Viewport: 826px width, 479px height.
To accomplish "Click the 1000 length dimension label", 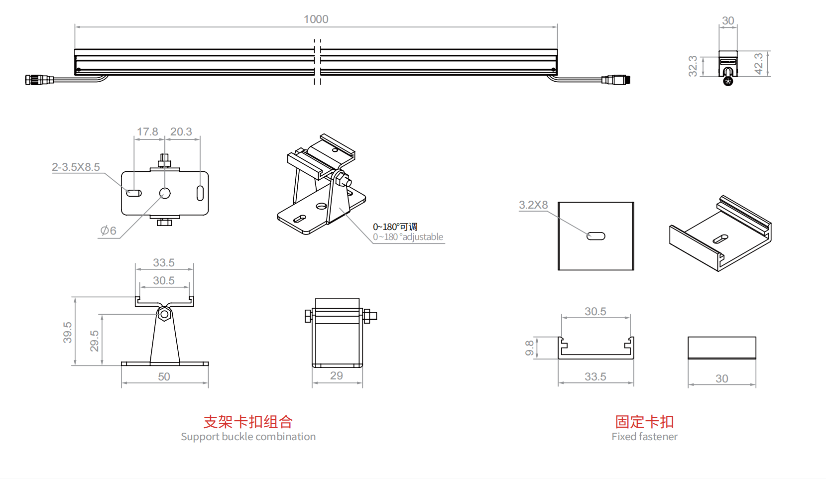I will [x=316, y=19].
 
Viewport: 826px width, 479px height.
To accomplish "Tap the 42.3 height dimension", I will [x=759, y=64].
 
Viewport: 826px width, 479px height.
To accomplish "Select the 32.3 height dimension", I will [x=693, y=66].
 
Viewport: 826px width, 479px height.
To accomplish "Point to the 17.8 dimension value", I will [x=147, y=132].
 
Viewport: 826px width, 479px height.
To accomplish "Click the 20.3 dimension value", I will [x=181, y=132].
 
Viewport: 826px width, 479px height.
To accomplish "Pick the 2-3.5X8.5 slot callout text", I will [x=76, y=167].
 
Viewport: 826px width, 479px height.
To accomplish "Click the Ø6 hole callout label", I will [x=108, y=231].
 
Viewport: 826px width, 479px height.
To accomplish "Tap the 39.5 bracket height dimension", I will [x=68, y=332].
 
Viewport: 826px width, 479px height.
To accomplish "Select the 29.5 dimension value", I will [x=95, y=341].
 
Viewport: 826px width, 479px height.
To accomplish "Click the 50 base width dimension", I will [x=164, y=377].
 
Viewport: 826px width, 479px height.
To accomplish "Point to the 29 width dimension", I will [x=337, y=376].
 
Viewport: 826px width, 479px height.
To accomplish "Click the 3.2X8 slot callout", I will [x=533, y=205].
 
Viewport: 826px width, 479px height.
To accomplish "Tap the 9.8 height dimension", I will [x=530, y=348].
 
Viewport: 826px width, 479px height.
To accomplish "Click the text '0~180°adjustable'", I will [x=408, y=237].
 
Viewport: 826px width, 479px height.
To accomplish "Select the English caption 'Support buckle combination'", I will [x=248, y=437].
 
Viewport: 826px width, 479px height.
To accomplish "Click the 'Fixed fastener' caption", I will [x=644, y=437].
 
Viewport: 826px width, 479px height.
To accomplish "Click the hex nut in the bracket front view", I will [x=164, y=314].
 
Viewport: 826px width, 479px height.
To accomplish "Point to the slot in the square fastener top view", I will [x=595, y=236].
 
